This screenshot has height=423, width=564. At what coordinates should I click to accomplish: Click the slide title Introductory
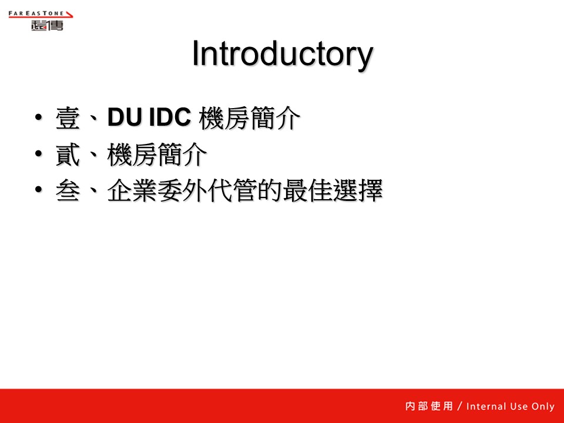tap(283, 54)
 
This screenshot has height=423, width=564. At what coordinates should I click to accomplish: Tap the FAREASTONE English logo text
tap(36, 14)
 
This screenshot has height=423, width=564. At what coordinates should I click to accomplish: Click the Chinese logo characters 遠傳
tap(47, 25)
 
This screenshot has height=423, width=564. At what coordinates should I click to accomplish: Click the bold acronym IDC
tap(170, 117)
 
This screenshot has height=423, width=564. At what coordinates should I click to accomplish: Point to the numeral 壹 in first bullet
tap(68, 118)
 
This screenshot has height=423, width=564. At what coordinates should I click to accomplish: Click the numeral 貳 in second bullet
tap(68, 155)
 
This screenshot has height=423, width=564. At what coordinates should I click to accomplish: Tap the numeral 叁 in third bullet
tap(68, 190)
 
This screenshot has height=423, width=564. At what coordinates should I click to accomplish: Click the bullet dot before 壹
tap(39, 117)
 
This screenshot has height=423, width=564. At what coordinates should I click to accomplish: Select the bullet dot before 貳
tap(39, 153)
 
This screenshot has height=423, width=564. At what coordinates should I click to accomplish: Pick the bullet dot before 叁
tap(39, 189)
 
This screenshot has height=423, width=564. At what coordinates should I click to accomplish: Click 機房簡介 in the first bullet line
tap(249, 118)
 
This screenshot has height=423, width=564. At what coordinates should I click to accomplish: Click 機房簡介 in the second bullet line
tap(157, 155)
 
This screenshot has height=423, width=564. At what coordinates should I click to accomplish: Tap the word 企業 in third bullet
tap(132, 190)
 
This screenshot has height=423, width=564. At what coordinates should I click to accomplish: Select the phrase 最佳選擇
tap(333, 190)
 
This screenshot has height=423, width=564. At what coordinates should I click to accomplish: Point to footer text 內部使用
tap(429, 406)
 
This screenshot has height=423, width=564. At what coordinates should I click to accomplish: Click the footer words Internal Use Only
tap(511, 407)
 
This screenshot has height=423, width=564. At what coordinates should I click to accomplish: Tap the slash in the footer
tap(459, 406)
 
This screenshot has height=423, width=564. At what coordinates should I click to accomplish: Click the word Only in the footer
tap(543, 407)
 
